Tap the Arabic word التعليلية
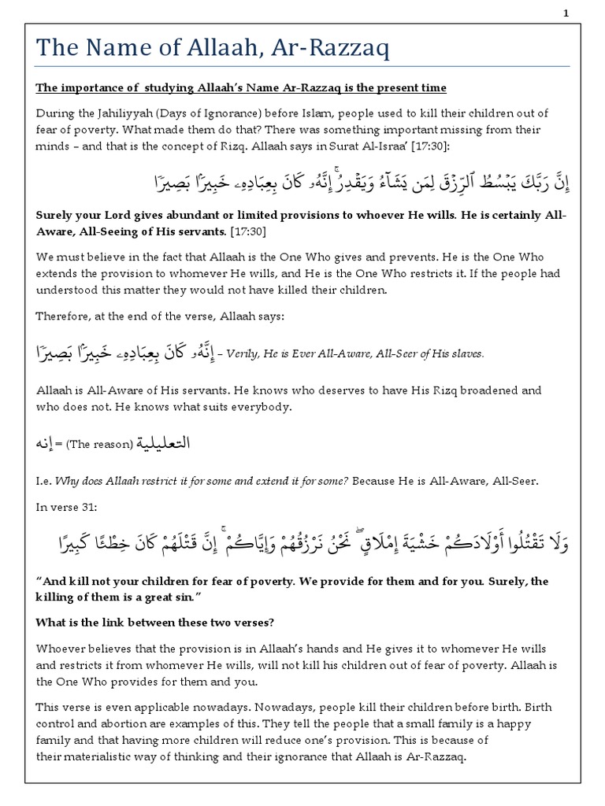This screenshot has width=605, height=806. [x=165, y=444]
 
